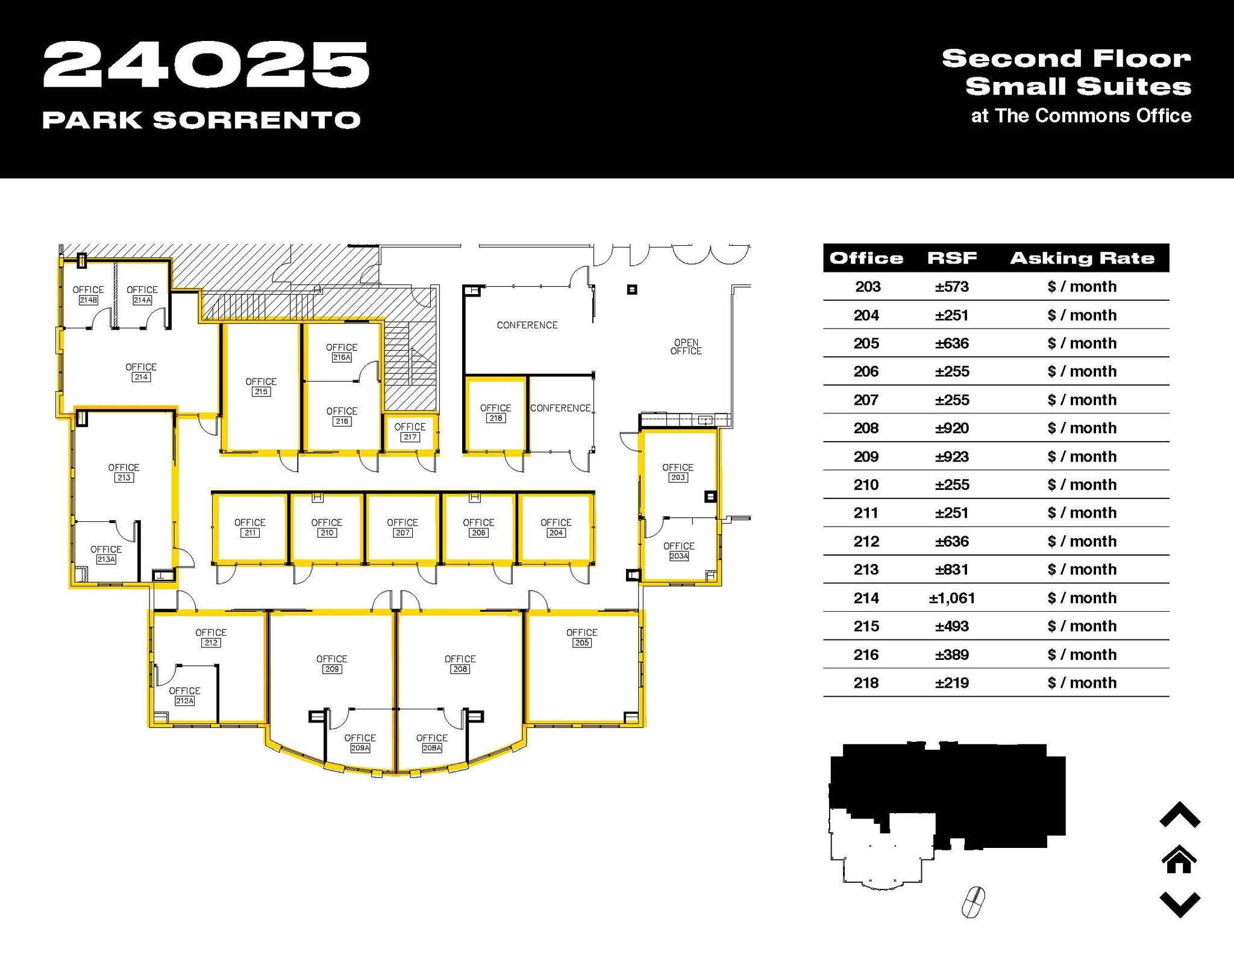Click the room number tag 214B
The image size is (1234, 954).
coord(88,300)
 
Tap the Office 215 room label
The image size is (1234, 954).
coord(261,386)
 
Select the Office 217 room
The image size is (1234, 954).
coord(410,431)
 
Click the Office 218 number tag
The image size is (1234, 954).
coord(495,418)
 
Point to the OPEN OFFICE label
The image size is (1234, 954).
coord(686,347)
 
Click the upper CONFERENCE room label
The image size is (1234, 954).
coord(527,325)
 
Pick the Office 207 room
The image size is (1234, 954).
coord(402,527)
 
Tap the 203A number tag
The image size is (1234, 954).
coord(679,556)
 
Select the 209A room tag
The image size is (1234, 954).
coord(360,748)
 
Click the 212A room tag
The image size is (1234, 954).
coord(184,701)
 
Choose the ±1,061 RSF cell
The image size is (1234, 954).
coord(952,598)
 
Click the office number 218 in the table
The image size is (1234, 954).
coord(866,683)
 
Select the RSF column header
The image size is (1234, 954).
coord(952,258)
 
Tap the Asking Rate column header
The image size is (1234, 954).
coord(1082,258)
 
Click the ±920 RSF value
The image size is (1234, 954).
coord(952,428)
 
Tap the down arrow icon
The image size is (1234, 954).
coord(1180,904)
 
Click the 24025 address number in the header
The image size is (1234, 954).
coord(206,65)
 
